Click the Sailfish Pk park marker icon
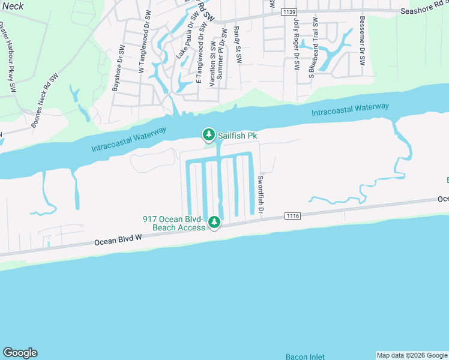click(x=208, y=135)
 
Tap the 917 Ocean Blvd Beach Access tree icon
click(x=214, y=223)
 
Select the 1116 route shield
click(x=292, y=216)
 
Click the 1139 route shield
click(x=289, y=11)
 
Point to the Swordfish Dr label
click(x=261, y=194)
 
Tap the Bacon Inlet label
click(x=305, y=356)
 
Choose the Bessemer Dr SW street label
click(x=362, y=41)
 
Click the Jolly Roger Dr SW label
click(x=296, y=44)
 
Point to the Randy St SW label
click(x=238, y=44)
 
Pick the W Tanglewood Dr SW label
click(x=143, y=41)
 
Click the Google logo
click(x=20, y=353)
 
